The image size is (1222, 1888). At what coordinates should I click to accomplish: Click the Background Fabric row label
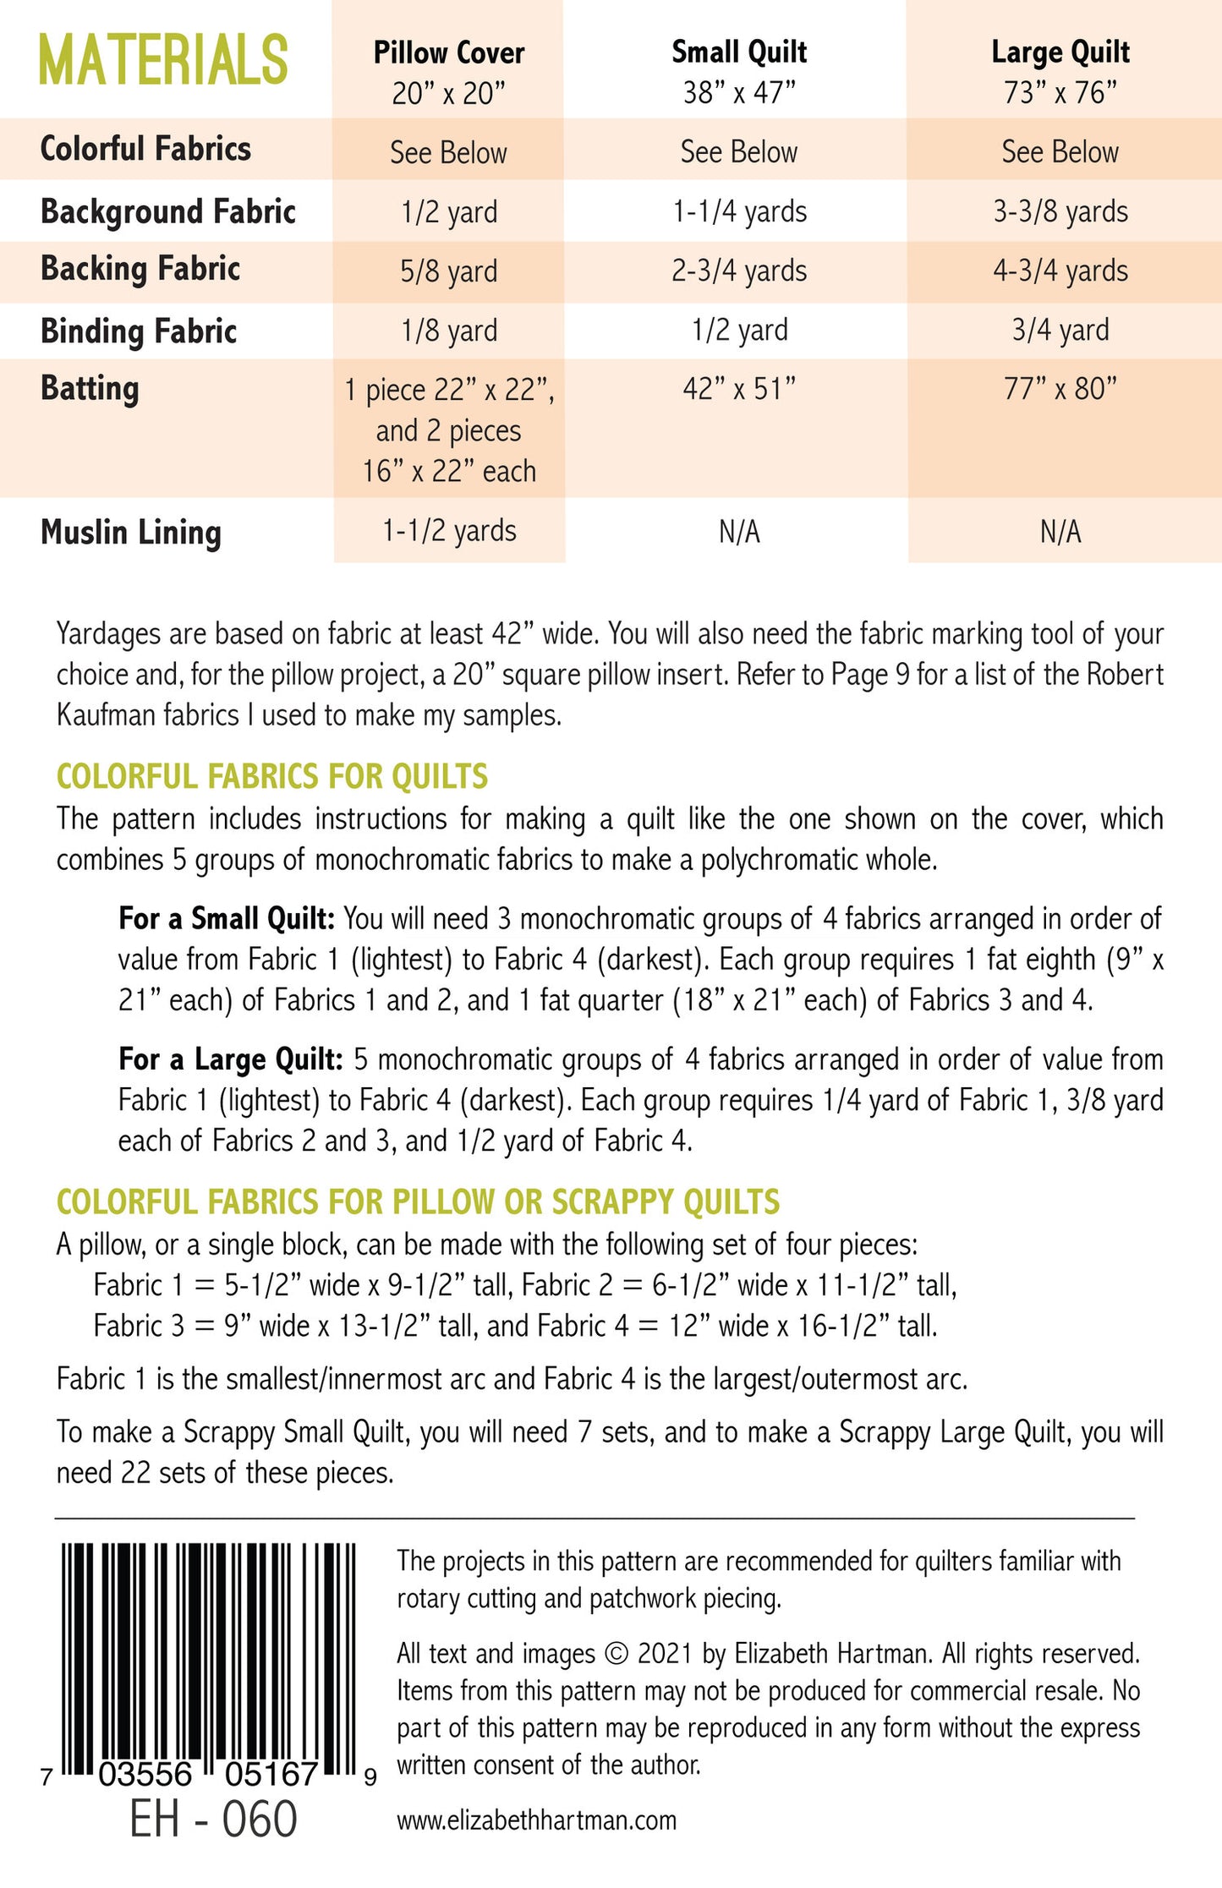(168, 211)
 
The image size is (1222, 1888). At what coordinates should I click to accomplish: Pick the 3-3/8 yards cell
(1060, 211)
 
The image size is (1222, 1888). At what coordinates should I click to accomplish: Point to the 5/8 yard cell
(449, 271)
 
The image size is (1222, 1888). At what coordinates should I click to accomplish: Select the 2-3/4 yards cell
(739, 271)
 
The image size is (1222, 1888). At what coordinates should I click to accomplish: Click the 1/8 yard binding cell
(449, 331)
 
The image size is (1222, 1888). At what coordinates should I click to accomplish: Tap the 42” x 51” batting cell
(739, 390)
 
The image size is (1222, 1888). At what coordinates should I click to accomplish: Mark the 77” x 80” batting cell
(1060, 390)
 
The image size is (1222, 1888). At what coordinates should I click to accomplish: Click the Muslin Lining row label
(131, 533)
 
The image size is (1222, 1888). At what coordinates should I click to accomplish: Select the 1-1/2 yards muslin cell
(449, 532)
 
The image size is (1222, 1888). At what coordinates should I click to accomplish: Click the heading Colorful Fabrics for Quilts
(272, 776)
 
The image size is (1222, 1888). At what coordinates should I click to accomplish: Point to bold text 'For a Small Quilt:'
(227, 918)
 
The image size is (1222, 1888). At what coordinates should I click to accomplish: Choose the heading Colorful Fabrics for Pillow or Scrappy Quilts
(418, 1201)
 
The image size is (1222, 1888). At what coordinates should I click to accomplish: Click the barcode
(208, 1657)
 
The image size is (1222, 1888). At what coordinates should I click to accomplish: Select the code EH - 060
(213, 1820)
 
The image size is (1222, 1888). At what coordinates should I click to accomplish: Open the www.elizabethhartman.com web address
(537, 1820)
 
